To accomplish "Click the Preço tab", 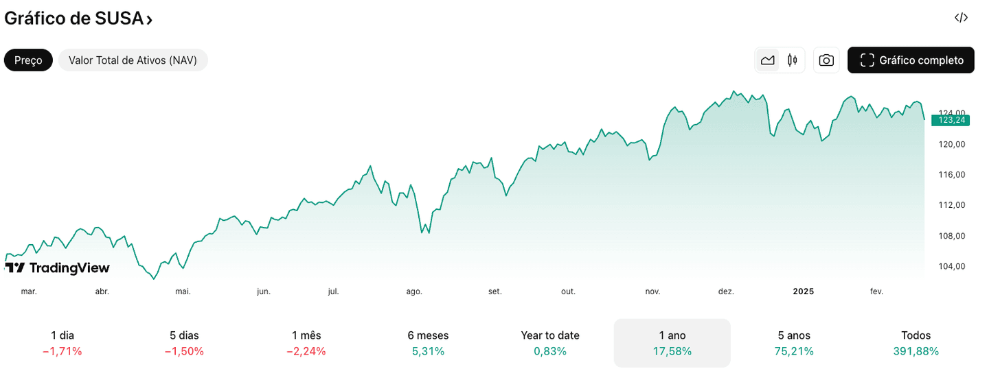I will click(x=28, y=60).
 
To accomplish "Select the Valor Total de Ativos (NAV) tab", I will click(x=133, y=60).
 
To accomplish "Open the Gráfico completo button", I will click(x=911, y=60).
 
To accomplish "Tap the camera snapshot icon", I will click(x=826, y=60).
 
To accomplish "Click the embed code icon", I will click(x=961, y=18).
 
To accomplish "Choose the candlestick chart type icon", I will click(x=793, y=60).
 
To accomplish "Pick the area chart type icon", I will click(x=768, y=60).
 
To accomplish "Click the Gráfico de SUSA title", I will click(x=78, y=19).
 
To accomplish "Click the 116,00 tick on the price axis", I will click(x=952, y=175).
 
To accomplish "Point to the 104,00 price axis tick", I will click(x=952, y=267).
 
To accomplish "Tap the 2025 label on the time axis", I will click(x=803, y=291).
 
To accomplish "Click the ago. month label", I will click(x=414, y=291).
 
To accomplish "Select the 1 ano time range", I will click(x=672, y=343).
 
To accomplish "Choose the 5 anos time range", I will click(x=794, y=343).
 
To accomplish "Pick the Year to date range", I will click(x=550, y=343).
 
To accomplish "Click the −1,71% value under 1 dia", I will click(x=62, y=352).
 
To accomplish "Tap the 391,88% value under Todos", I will click(x=916, y=352).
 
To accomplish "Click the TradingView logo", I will click(x=58, y=267).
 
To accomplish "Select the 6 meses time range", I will click(x=428, y=343).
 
